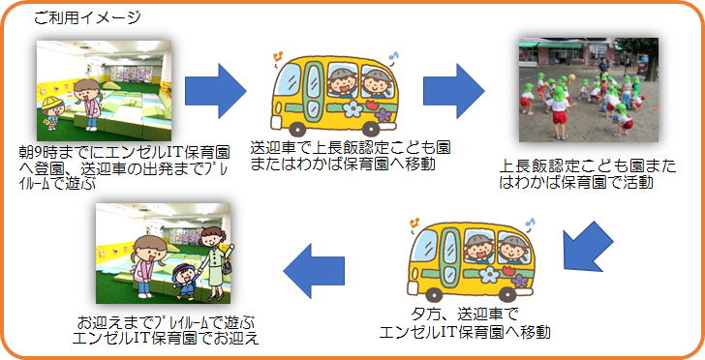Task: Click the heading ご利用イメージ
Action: click(x=88, y=18)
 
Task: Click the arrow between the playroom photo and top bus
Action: click(x=215, y=91)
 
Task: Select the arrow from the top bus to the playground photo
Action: click(x=453, y=91)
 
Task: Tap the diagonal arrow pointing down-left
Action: click(x=586, y=248)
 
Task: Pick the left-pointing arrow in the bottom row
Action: click(x=314, y=271)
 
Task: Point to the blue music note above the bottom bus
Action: click(x=531, y=223)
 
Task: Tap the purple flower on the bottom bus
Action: click(x=520, y=281)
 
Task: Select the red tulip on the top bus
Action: click(x=371, y=105)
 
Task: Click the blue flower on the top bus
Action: click(x=352, y=108)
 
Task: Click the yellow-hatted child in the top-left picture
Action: click(x=52, y=112)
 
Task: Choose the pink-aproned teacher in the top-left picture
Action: click(x=87, y=105)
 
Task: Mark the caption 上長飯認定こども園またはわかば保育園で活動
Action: click(x=588, y=175)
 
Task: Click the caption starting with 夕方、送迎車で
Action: click(x=466, y=324)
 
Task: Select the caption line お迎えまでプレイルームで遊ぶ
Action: click(x=167, y=322)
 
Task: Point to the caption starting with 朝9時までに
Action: click(x=124, y=167)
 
